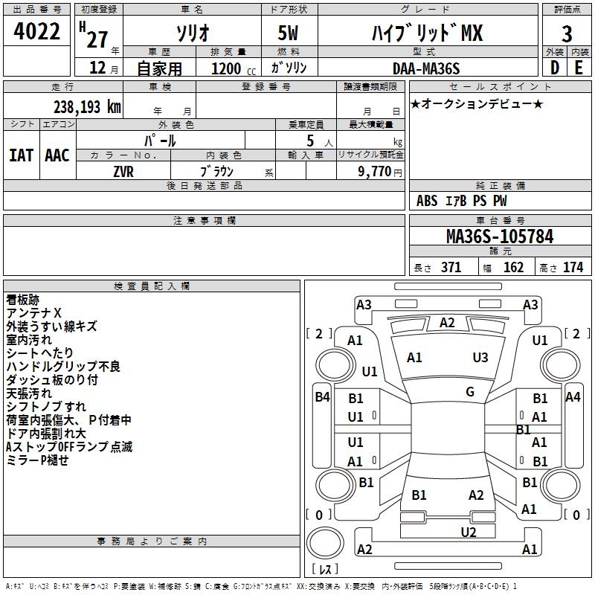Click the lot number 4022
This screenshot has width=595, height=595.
click(37, 33)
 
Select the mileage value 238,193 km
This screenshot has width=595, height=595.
click(87, 107)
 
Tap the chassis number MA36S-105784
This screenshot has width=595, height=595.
click(500, 237)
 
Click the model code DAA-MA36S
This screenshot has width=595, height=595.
click(426, 68)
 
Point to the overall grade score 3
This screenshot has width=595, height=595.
click(567, 33)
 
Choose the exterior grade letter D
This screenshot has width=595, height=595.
click(554, 68)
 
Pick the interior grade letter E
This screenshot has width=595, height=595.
click(579, 68)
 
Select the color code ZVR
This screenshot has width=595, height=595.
click(123, 171)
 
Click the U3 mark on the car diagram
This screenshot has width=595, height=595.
click(480, 357)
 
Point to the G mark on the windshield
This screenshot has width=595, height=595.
click(470, 392)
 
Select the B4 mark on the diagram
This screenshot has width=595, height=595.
click(322, 397)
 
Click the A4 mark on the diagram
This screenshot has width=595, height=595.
click(573, 397)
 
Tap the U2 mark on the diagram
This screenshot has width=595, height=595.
click(468, 532)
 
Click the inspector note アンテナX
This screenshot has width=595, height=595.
click(34, 313)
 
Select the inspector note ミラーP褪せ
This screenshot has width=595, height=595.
click(37, 460)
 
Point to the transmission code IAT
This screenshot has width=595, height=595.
click(22, 155)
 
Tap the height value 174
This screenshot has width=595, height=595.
click(573, 268)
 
